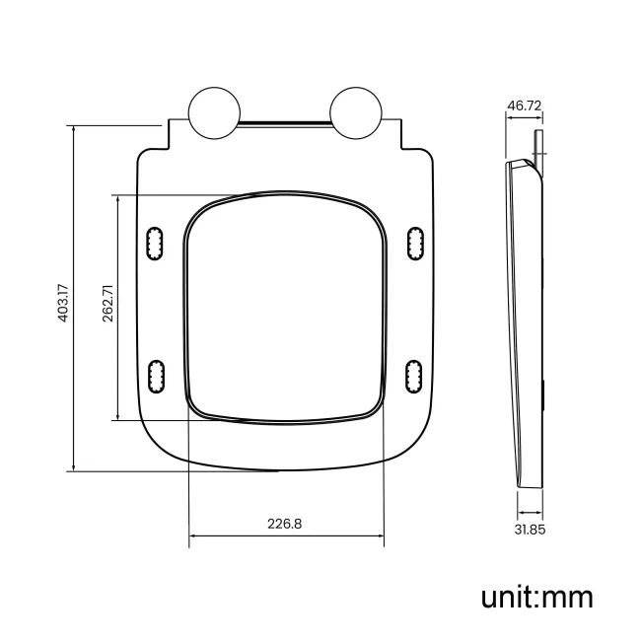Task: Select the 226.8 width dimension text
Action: [x=285, y=524]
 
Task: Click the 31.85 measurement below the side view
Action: [x=530, y=530]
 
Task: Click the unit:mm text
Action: [x=536, y=596]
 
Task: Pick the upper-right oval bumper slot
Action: [x=415, y=243]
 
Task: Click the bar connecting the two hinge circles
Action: [x=284, y=124]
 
